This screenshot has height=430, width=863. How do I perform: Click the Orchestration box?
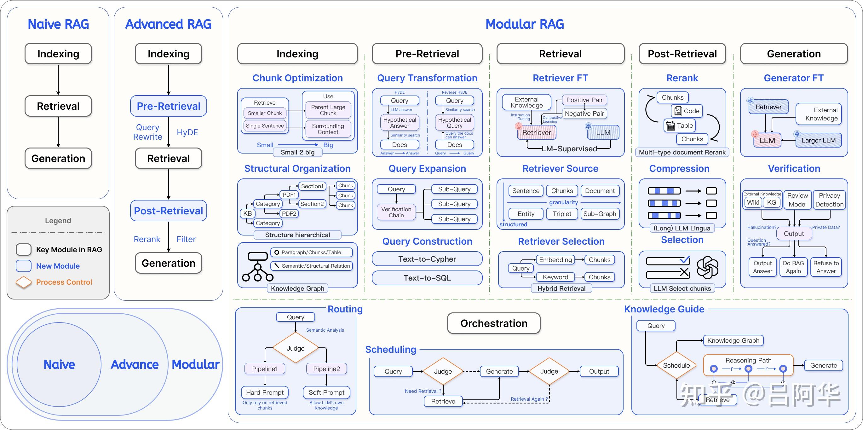[493, 323]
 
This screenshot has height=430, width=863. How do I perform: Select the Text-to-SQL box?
[427, 278]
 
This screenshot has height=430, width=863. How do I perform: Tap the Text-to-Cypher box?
[427, 259]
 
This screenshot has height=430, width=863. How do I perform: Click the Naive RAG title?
[58, 24]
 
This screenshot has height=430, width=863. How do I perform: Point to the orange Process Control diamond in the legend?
[23, 282]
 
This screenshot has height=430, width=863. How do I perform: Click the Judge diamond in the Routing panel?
[296, 348]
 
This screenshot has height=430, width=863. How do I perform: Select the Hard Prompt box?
[265, 392]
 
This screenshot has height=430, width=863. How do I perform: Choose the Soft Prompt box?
[326, 392]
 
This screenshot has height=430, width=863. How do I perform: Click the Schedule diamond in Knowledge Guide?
[676, 365]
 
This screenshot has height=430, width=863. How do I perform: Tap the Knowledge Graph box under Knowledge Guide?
[733, 340]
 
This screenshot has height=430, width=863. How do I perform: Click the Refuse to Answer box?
[826, 267]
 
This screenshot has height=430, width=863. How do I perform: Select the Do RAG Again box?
[793, 267]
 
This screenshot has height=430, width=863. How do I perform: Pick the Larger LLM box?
[818, 140]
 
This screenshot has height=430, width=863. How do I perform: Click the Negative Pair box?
[584, 113]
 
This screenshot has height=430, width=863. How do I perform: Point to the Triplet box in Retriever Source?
[562, 214]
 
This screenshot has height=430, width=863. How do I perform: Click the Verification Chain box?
[396, 212]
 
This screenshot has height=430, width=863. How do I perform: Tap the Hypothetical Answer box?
[400, 123]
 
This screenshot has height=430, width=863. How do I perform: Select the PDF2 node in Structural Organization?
[289, 213]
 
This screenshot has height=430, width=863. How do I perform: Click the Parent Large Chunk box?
[328, 110]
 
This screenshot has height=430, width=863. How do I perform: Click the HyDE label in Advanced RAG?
[187, 132]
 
